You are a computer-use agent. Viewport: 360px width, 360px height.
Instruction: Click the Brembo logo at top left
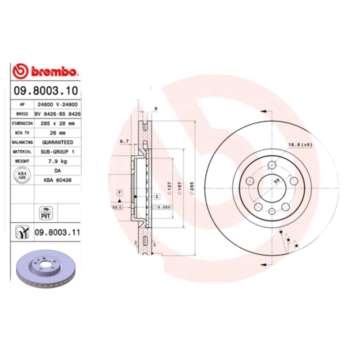46,71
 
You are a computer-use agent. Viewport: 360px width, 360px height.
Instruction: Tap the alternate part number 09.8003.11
57,233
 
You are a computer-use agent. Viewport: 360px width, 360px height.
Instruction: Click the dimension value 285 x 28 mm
57,123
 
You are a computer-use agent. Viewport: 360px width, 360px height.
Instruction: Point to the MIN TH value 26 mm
57,133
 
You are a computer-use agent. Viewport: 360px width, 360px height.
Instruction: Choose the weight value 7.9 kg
57,161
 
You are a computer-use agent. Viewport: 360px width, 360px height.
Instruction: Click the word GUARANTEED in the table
57,142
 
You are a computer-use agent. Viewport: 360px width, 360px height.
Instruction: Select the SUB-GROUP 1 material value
57,152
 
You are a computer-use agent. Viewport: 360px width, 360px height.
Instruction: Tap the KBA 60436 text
57,180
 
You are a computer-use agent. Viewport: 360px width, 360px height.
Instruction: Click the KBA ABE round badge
21,175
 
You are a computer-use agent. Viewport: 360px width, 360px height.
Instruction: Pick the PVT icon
45,212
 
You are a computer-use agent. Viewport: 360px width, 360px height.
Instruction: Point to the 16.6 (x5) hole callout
300,145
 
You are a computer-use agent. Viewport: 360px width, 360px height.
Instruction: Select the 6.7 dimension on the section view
124,141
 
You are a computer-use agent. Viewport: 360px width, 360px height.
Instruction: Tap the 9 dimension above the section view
155,108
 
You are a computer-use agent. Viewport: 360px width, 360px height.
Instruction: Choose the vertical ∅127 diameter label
169,186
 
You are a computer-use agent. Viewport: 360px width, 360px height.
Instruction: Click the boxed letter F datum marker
119,193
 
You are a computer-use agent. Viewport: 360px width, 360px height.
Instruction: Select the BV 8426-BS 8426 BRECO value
57,114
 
